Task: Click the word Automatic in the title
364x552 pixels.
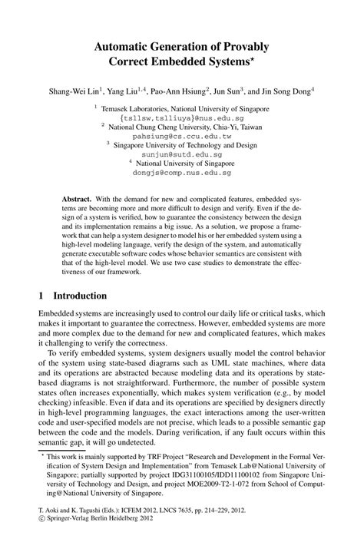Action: coord(127,48)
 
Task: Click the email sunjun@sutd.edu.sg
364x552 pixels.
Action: coord(181,153)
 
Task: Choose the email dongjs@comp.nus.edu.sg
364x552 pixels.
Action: coord(181,174)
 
